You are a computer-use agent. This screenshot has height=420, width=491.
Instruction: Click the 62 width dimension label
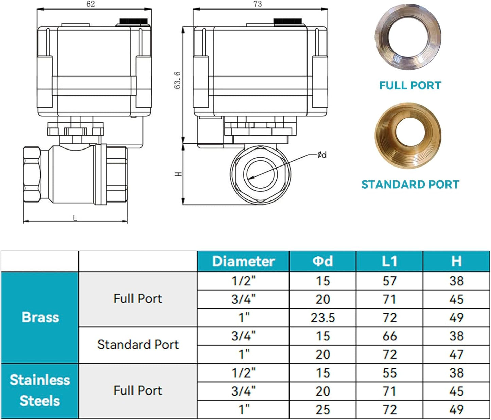pyautogui.click(x=91, y=4)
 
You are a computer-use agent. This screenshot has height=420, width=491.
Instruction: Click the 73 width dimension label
pyautogui.click(x=258, y=4)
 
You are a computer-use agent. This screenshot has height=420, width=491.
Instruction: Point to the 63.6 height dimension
pyautogui.click(x=177, y=80)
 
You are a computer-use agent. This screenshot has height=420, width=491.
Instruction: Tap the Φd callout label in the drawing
pyautogui.click(x=322, y=155)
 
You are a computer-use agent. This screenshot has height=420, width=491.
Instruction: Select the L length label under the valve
pyautogui.click(x=75, y=218)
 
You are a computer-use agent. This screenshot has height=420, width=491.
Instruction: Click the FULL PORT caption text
pyautogui.click(x=410, y=86)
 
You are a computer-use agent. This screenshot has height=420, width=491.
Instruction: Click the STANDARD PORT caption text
pyautogui.click(x=410, y=184)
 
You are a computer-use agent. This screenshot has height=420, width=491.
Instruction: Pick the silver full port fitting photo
pyautogui.click(x=408, y=37)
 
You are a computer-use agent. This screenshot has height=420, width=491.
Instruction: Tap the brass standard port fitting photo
pyautogui.click(x=408, y=136)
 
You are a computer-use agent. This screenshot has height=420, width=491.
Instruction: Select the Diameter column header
pyautogui.click(x=244, y=261)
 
